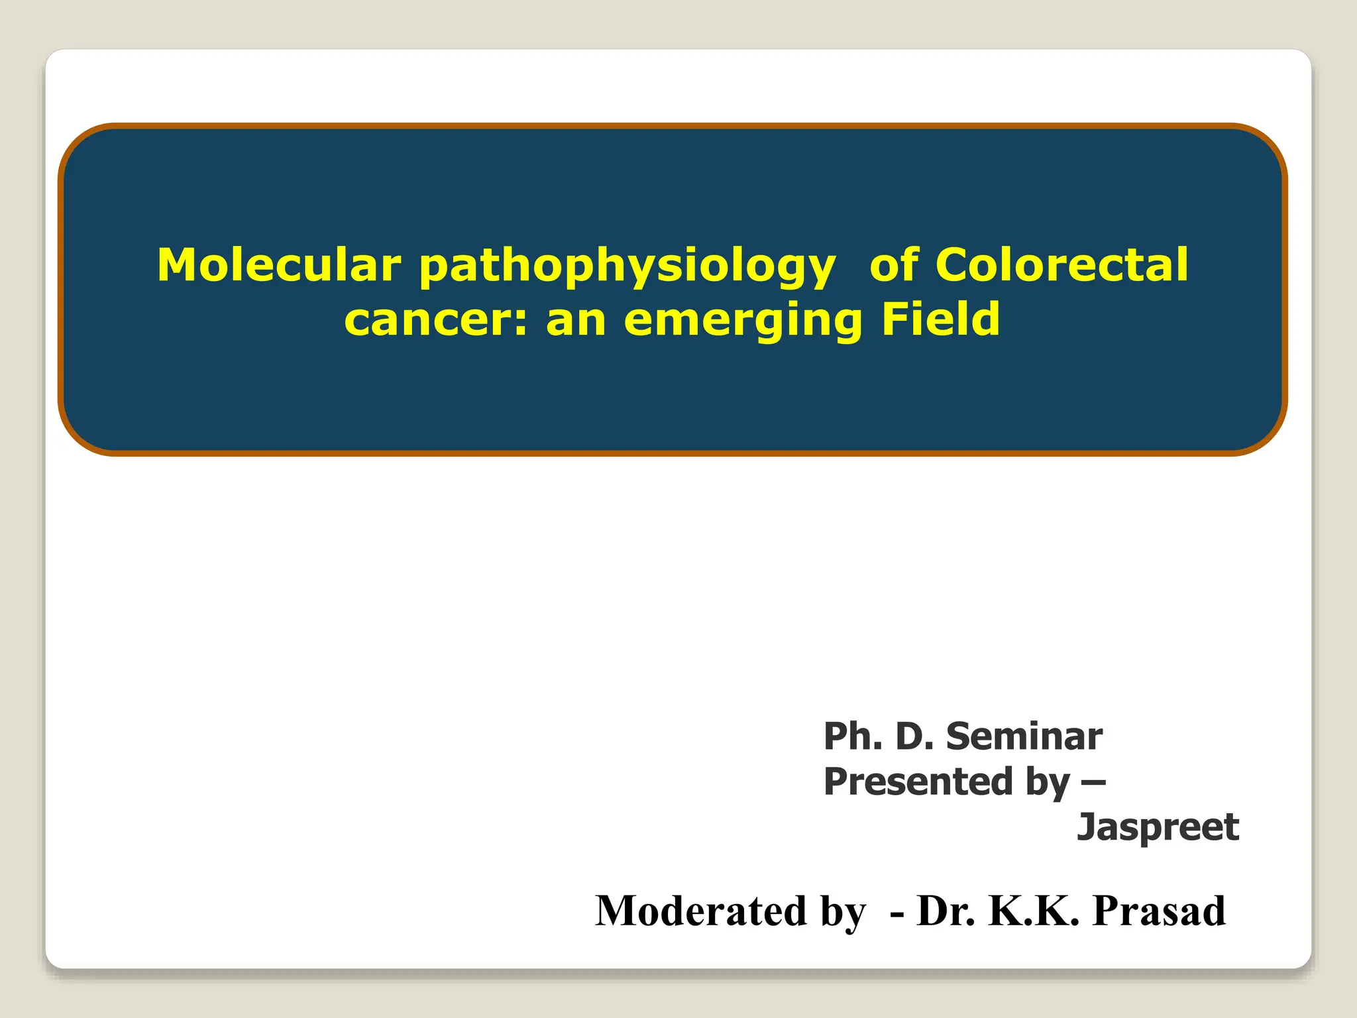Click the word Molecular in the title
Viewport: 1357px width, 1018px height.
click(279, 265)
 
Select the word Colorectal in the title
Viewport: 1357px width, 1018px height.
click(1061, 265)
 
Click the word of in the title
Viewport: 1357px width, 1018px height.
click(894, 265)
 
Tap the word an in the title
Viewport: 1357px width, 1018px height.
click(575, 321)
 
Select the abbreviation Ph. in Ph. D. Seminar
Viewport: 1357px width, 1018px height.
click(853, 736)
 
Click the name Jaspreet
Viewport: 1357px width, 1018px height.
click(1158, 827)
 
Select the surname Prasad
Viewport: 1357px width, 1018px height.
click(1159, 911)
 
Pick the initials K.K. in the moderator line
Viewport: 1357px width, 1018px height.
click(1034, 911)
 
